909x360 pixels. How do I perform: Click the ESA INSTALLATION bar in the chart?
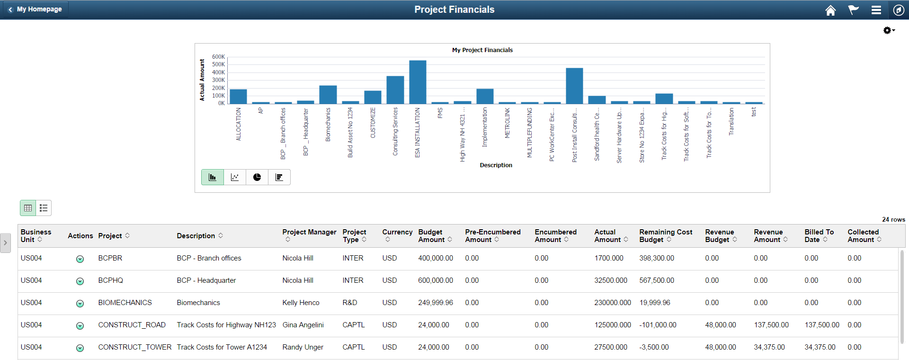point(418,82)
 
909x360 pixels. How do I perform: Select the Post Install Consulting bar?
point(574,86)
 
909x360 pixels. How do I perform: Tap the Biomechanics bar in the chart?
point(328,95)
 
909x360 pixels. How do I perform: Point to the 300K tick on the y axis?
point(218,80)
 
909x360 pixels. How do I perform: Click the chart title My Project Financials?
point(482,50)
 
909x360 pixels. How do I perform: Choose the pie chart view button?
point(257,177)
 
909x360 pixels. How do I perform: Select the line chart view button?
point(235,177)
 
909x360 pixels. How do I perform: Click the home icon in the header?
point(830,10)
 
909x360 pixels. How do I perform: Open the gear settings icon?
point(888,30)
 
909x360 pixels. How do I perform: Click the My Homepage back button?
point(36,9)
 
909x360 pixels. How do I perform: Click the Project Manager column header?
point(309,232)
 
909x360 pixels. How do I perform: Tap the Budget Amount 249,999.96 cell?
point(435,303)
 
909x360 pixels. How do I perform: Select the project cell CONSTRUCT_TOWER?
point(134,347)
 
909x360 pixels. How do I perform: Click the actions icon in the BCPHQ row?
point(80,281)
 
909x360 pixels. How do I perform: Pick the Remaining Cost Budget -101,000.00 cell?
point(658,325)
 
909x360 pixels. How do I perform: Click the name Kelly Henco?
point(301,303)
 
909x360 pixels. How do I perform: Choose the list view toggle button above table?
point(44,208)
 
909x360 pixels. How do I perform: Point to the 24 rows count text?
point(893,219)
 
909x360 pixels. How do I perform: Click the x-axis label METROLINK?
point(507,123)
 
